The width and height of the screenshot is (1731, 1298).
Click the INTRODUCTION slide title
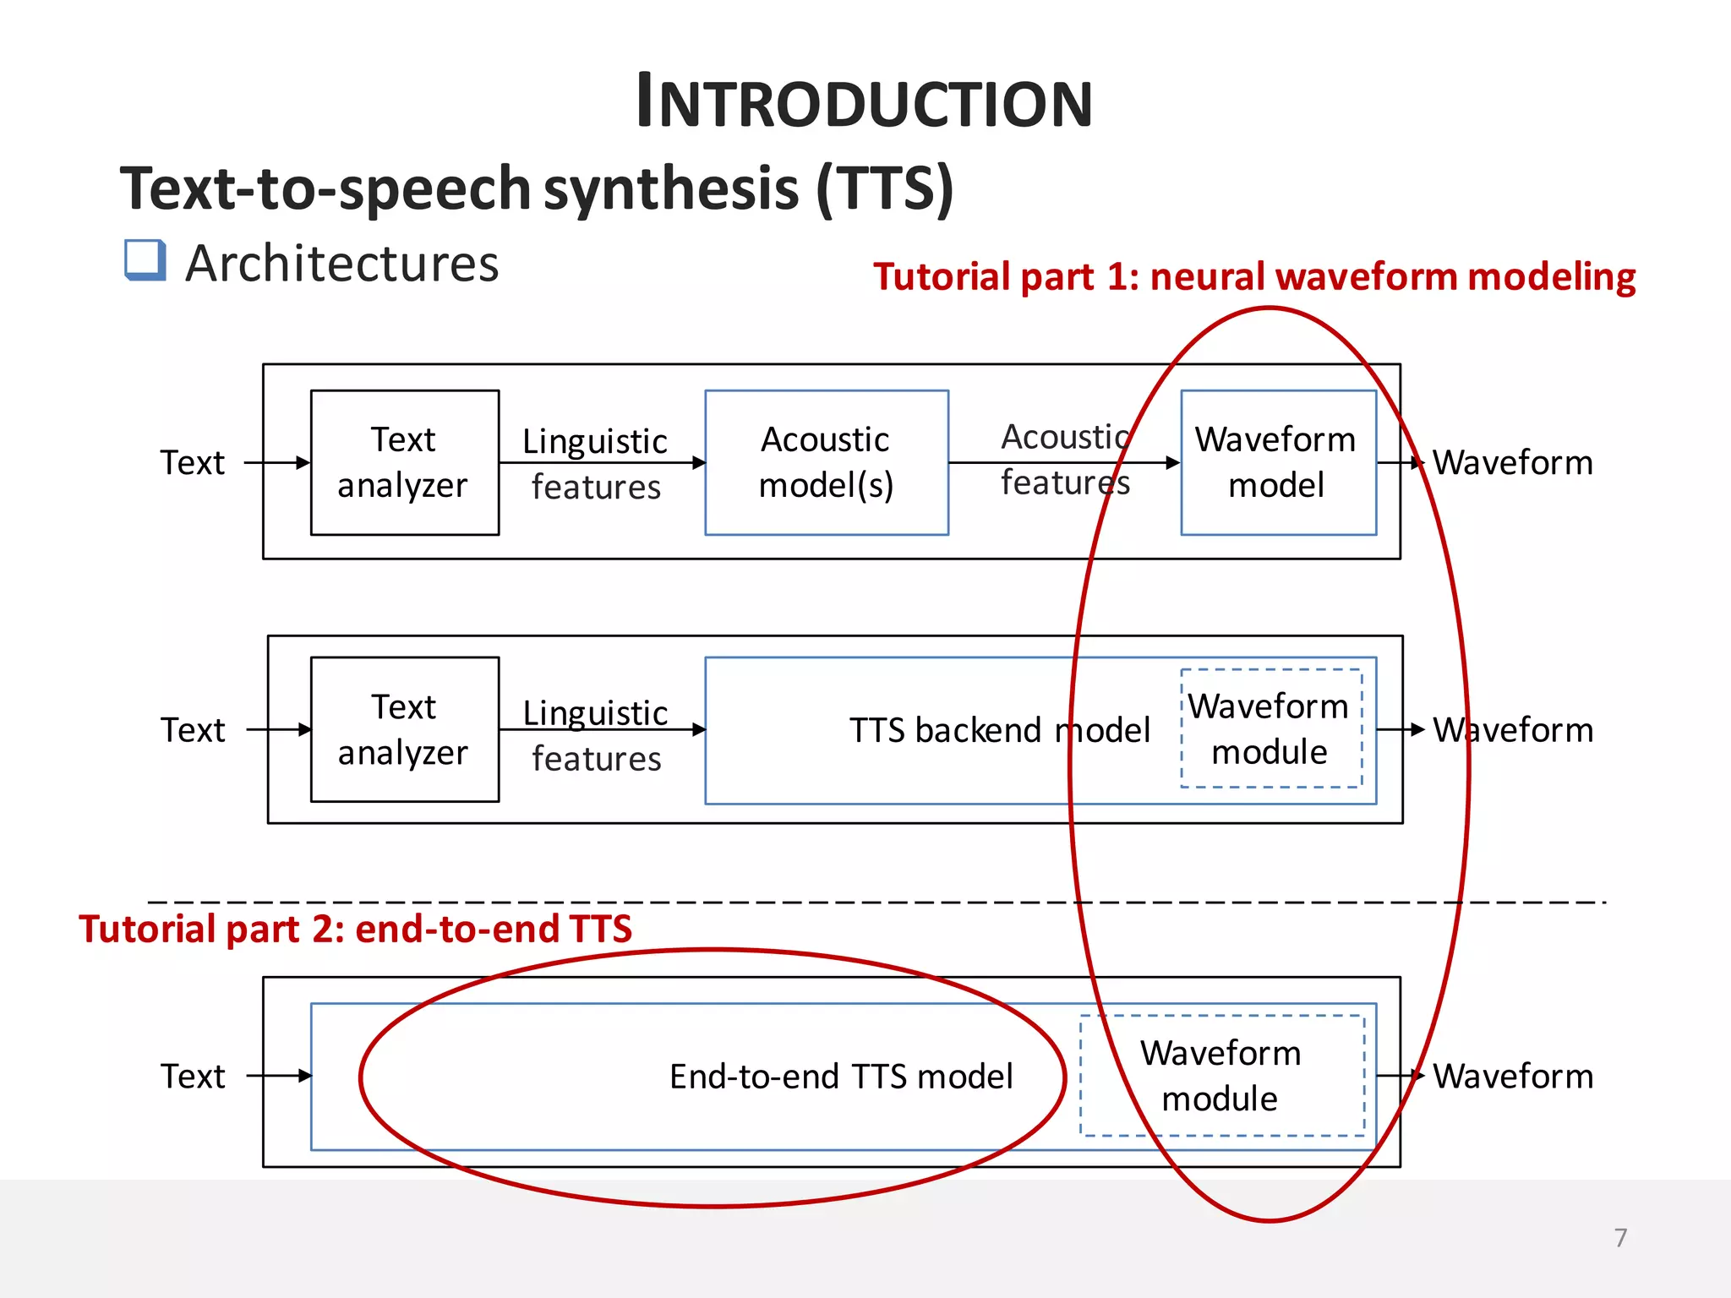864,102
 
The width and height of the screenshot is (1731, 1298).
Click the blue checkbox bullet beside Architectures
145,259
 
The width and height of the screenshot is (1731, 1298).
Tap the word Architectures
341,264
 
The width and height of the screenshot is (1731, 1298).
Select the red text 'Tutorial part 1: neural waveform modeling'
1253,277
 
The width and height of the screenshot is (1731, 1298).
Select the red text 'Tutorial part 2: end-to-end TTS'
355,929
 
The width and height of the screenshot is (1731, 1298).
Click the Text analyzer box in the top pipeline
404,462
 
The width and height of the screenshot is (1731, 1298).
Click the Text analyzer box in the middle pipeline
404,729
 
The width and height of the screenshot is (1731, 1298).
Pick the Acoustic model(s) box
826,462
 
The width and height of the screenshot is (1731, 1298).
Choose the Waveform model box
1277,462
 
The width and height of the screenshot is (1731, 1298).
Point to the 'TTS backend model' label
999,730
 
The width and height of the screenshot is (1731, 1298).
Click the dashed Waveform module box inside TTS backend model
1270,728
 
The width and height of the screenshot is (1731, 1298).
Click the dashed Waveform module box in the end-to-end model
1221,1075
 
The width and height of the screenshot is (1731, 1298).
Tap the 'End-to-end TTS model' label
840,1077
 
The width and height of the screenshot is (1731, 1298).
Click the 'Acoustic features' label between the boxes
1064,460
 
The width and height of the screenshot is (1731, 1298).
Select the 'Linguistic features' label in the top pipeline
595,463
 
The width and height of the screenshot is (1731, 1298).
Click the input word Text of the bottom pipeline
193,1077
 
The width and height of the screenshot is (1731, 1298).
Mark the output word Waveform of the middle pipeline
1513,730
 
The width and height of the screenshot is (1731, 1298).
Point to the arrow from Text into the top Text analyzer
277,462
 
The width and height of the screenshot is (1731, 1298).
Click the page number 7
1619,1237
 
